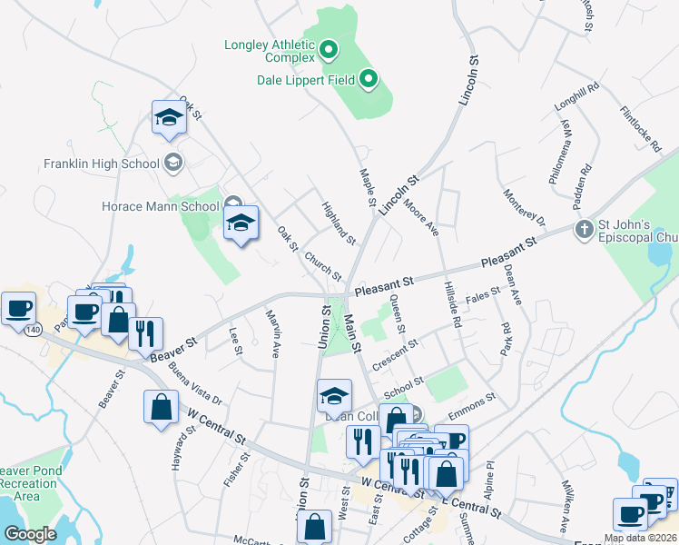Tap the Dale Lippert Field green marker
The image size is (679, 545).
tap(368, 80)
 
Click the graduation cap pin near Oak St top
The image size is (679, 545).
tap(169, 118)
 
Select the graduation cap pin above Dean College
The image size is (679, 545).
tap(334, 396)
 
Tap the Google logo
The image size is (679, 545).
tap(30, 534)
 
